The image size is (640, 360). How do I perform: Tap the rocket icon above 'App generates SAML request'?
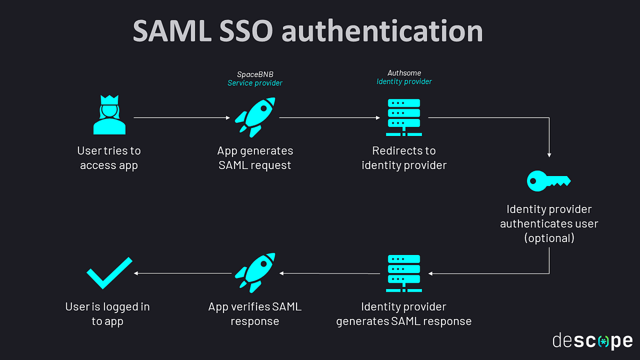pyautogui.click(x=255, y=116)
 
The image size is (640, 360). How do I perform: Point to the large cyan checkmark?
pyautogui.click(x=109, y=272)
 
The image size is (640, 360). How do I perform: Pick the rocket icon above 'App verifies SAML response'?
pyautogui.click(x=255, y=273)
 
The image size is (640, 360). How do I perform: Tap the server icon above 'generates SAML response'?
pyautogui.click(x=404, y=273)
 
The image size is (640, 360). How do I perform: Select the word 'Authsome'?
pyautogui.click(x=404, y=73)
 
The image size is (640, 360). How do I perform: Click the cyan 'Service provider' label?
pyautogui.click(x=255, y=83)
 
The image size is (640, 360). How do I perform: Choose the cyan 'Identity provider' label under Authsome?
pyautogui.click(x=404, y=82)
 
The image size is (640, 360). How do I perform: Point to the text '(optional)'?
pyautogui.click(x=549, y=238)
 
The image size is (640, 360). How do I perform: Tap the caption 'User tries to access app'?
pyautogui.click(x=109, y=158)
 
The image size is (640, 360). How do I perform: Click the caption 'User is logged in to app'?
pyautogui.click(x=107, y=314)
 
